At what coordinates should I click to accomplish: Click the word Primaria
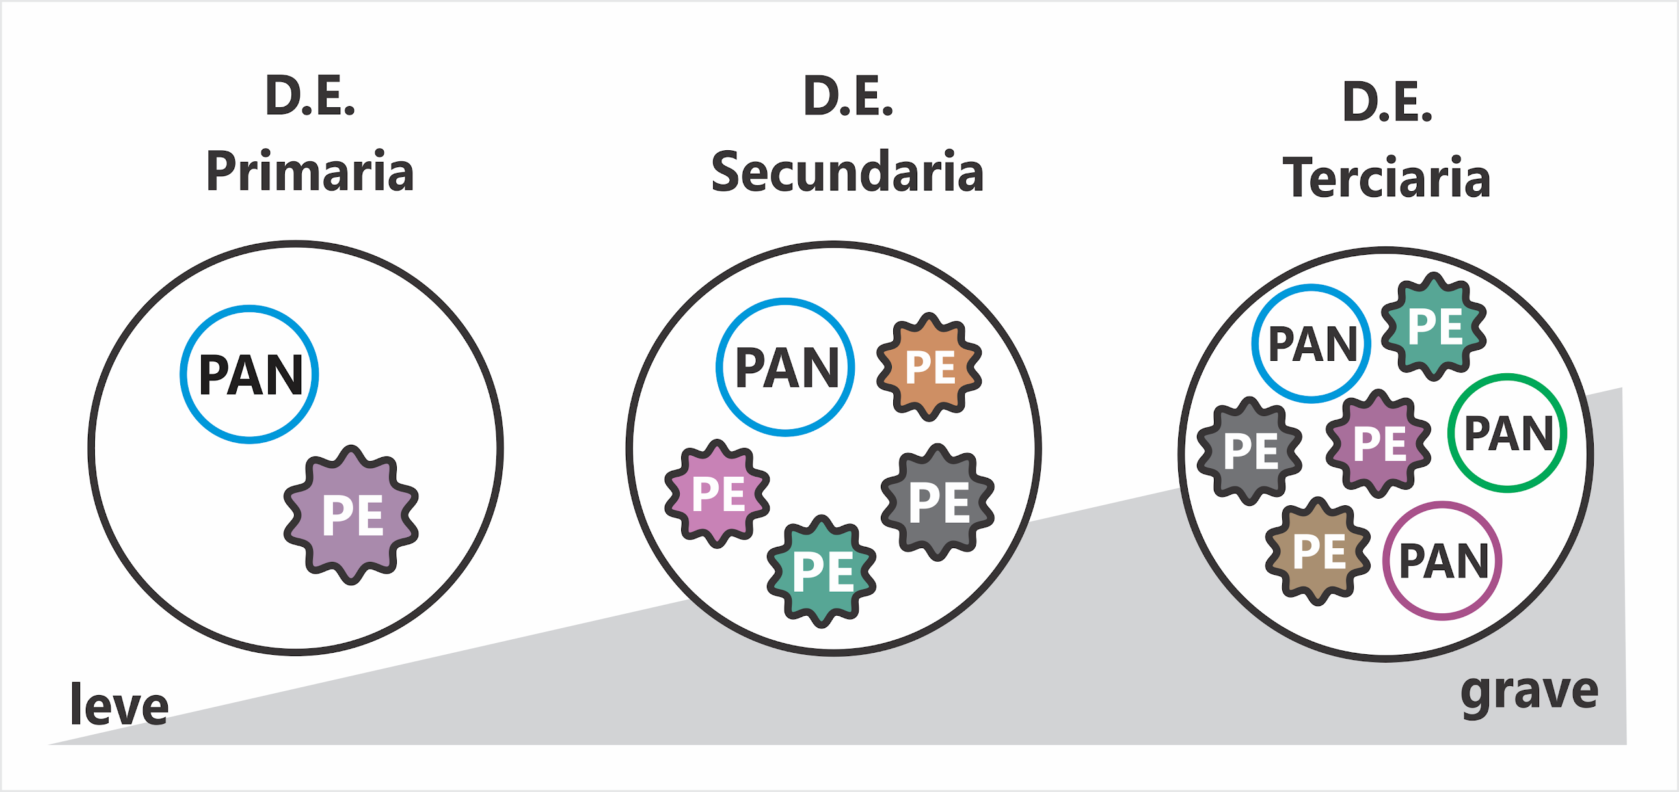point(310,171)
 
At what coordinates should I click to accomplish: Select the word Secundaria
point(848,171)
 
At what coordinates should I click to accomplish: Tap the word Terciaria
point(1386,177)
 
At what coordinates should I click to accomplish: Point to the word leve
point(119,705)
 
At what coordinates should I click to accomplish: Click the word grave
point(1529,693)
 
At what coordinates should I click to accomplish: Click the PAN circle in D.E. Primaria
point(250,375)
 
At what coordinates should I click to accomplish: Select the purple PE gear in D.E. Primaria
point(351,514)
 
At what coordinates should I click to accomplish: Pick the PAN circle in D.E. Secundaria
point(785,367)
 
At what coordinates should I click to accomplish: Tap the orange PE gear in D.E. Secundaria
point(930,367)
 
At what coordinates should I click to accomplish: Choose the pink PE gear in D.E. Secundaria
point(717,493)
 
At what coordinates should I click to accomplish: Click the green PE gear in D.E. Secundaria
point(822,571)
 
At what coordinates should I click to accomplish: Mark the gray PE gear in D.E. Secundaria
point(938,501)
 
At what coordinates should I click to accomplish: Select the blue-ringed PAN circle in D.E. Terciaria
point(1311,343)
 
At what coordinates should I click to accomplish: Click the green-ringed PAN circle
point(1507,433)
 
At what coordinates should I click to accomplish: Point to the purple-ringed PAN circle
point(1442,560)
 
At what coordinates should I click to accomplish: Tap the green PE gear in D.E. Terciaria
point(1434,326)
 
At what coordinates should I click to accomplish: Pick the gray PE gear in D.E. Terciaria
point(1250,450)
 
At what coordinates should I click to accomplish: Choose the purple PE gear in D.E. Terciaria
point(1378,443)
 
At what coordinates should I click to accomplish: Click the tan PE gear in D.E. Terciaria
point(1318,551)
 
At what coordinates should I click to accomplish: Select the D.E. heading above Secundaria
point(848,96)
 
